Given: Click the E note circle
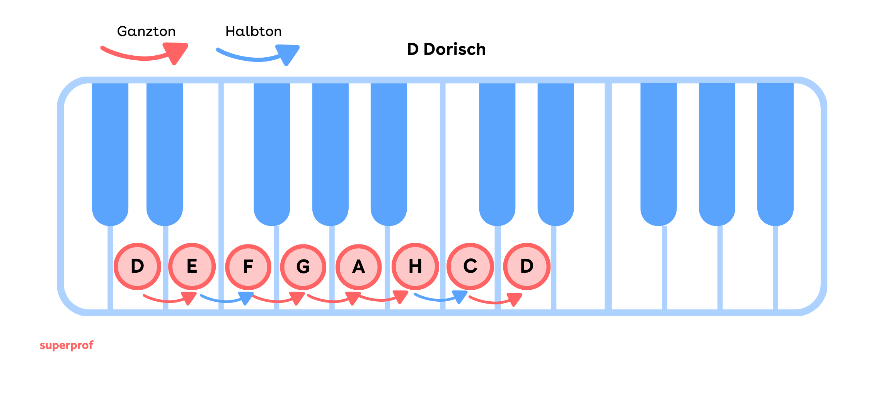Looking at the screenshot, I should (192, 266).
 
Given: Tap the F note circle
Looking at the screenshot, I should (248, 267).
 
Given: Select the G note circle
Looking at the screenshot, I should (303, 267).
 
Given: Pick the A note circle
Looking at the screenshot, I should (358, 267).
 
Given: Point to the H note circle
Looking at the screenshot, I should (415, 266).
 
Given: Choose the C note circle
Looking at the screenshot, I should (470, 266).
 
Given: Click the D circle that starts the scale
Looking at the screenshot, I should (137, 266).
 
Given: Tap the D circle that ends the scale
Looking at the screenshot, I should (527, 266).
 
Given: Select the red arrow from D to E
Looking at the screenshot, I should (170, 299).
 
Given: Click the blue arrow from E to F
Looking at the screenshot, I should (227, 300).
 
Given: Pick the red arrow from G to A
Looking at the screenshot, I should (334, 300).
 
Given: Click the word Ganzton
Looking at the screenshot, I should (146, 31).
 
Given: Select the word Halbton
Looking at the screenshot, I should (253, 31).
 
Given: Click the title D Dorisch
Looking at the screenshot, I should (446, 50).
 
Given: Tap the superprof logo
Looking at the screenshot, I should (66, 345).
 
